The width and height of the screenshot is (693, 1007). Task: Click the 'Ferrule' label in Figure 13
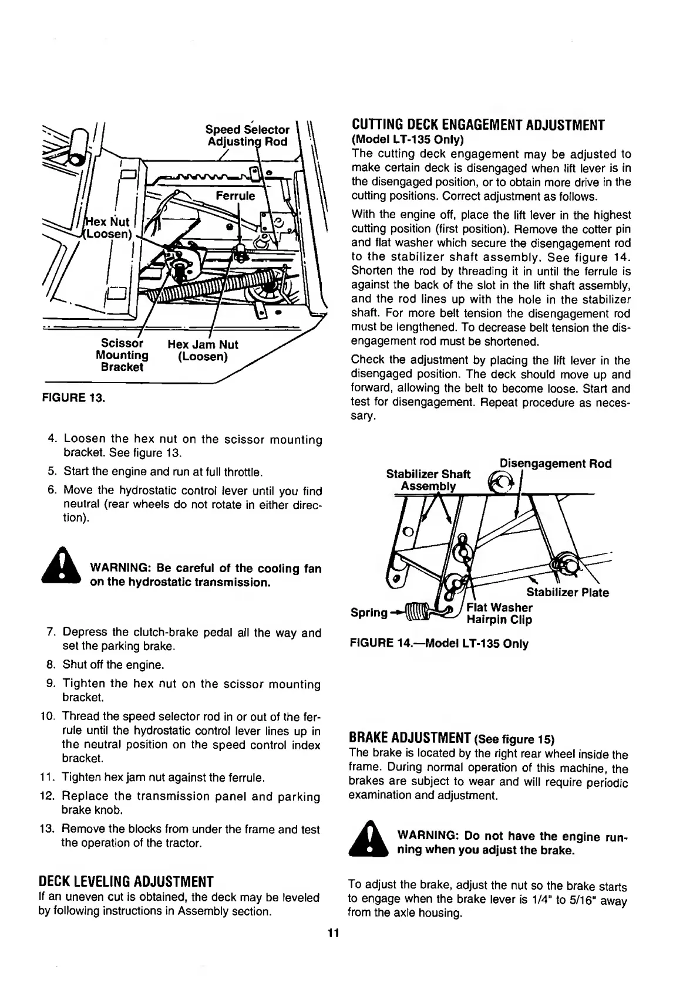(236, 196)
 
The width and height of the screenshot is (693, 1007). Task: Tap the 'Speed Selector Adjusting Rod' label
(247, 136)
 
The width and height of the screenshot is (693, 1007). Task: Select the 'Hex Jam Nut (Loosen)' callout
(203, 350)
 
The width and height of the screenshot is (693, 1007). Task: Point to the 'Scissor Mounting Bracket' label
(122, 354)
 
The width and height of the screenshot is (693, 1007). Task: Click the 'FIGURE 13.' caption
(73, 398)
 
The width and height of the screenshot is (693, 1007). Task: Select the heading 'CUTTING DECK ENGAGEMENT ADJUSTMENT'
(477, 125)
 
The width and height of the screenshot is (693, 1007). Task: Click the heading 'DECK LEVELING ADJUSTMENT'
(125, 882)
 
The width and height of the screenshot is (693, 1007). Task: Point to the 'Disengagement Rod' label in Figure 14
(555, 464)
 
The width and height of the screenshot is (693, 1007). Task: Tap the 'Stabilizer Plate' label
(567, 593)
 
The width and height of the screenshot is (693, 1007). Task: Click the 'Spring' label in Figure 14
(369, 613)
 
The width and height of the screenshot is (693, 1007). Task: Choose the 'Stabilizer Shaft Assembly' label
(428, 480)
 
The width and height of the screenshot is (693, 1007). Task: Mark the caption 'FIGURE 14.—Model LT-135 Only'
(439, 644)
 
